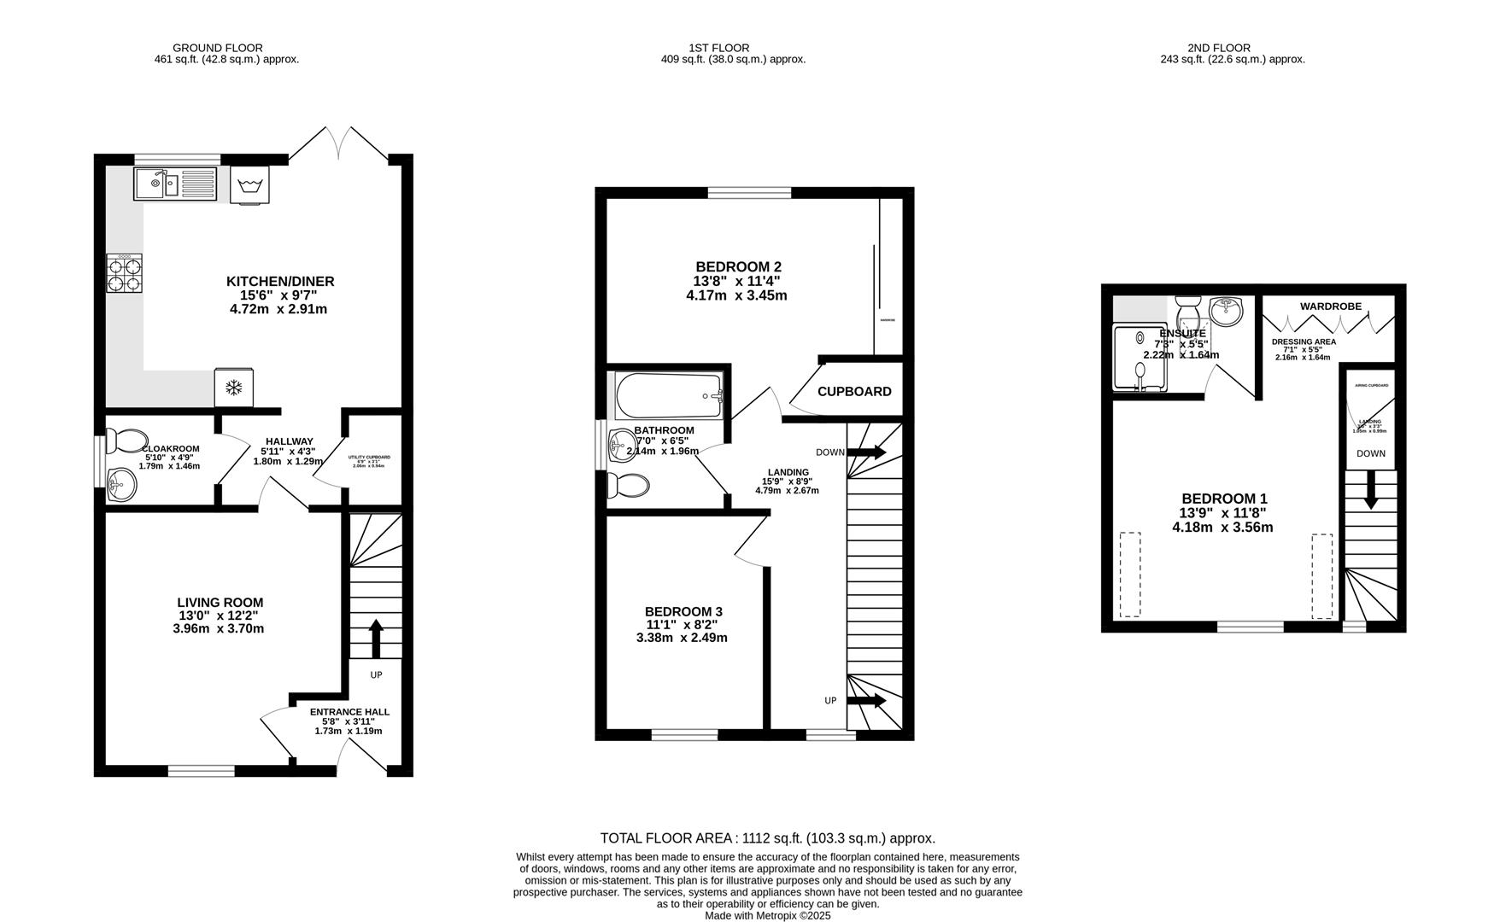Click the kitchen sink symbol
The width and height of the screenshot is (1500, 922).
pyautogui.click(x=175, y=184)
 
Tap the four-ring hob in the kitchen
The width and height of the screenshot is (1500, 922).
pyautogui.click(x=125, y=273)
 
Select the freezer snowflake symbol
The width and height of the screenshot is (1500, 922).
pyautogui.click(x=233, y=388)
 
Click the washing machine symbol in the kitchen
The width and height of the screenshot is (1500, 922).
pyautogui.click(x=250, y=185)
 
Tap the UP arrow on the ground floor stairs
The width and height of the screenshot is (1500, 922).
pyautogui.click(x=375, y=638)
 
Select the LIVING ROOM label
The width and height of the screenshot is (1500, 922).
pyautogui.click(x=220, y=603)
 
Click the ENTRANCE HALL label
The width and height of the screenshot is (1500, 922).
pyautogui.click(x=349, y=712)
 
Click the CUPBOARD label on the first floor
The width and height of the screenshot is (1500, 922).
pyautogui.click(x=854, y=392)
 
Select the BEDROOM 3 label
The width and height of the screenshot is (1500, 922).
pyautogui.click(x=683, y=612)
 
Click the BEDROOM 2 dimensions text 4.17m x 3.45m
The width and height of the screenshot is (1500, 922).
pyautogui.click(x=736, y=296)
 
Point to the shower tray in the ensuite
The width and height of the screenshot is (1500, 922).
pyautogui.click(x=1140, y=357)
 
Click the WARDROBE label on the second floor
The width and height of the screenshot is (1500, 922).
pyautogui.click(x=1330, y=306)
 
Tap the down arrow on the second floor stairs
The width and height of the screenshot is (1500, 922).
pyautogui.click(x=1370, y=493)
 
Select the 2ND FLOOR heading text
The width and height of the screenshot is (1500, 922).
pyautogui.click(x=1218, y=48)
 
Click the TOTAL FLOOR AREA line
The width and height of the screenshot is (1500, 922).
pyautogui.click(x=767, y=838)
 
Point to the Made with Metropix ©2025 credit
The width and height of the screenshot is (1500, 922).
pyautogui.click(x=767, y=915)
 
